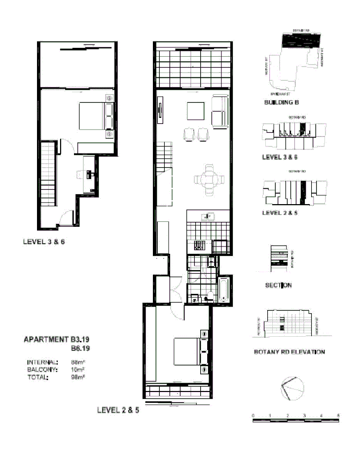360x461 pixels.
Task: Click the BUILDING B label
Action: point(282,103)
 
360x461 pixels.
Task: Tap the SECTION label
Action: point(279,285)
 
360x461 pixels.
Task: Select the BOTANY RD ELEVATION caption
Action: point(289,352)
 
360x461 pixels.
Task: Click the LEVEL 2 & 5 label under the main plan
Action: point(118,409)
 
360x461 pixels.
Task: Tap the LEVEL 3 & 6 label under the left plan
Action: point(44,242)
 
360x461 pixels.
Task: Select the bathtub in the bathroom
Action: point(223,290)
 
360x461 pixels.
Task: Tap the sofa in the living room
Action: point(220,111)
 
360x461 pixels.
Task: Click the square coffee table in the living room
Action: point(196,111)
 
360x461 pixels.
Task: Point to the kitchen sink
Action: point(208,216)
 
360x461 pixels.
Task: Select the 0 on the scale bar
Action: point(252,416)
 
